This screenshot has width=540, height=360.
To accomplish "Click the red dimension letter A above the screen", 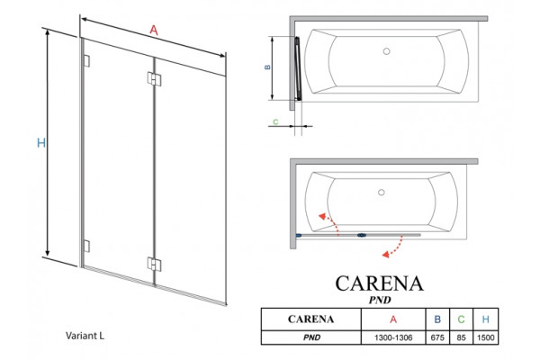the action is point(154,31).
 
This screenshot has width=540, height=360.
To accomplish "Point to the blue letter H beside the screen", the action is point(41,142).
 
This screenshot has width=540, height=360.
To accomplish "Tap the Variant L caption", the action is point(85,336).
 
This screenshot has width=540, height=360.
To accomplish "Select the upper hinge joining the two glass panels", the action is point(154,78).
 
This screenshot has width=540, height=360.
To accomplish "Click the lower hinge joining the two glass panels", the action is point(154,265).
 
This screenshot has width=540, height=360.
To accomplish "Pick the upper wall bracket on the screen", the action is point(86,60).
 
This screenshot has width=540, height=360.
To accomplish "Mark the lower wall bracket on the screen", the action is point(86,246).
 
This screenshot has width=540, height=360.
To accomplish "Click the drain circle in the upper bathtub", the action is point(386,51).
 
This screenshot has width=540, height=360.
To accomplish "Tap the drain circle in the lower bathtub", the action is point(382,193).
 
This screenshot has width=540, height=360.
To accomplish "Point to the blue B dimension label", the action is point(267,67).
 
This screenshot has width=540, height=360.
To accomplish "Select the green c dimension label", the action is point(275,121).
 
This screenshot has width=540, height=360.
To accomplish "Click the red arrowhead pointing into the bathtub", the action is point(322,216).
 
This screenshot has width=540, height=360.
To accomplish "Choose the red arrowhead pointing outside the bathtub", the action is point(386,254).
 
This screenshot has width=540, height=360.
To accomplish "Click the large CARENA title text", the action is point(379,283).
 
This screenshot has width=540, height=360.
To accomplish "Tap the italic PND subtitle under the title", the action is point(380,300).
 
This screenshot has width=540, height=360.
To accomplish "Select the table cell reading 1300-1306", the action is point(393,337).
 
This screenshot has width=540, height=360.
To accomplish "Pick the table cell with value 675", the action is point(437,337).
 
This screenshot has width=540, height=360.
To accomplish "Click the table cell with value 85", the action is point(461,337).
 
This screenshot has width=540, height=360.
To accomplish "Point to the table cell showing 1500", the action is point(486,337).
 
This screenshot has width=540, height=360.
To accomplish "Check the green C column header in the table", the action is point(461,319).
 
